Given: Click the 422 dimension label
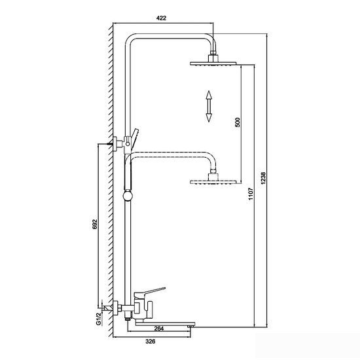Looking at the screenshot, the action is click(x=161, y=18).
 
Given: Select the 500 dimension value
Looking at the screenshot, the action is click(x=238, y=122).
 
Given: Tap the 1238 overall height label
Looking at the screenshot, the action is click(x=263, y=177).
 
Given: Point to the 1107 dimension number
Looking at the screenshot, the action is click(x=251, y=194).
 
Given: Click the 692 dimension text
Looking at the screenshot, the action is click(x=95, y=225).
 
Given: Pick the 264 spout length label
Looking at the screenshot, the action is click(x=159, y=329).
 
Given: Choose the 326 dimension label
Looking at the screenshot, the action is click(x=151, y=342).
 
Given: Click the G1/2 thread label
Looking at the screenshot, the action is click(x=98, y=319).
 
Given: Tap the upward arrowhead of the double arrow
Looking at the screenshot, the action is click(x=208, y=95).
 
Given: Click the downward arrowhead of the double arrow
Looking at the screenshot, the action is click(x=208, y=118).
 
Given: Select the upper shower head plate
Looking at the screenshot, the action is click(x=213, y=63).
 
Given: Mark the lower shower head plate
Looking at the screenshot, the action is click(x=213, y=182).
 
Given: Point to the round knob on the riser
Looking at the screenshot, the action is click(x=128, y=196).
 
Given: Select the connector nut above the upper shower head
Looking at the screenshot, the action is click(x=213, y=53).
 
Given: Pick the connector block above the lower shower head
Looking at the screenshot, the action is click(x=213, y=177).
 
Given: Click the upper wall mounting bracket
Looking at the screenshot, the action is click(x=117, y=144).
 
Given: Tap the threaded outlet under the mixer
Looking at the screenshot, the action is click(x=128, y=318).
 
